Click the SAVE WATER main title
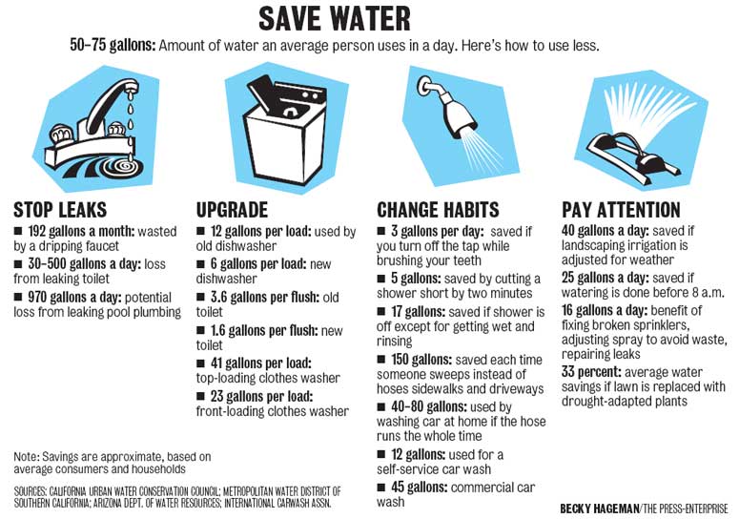[335, 19]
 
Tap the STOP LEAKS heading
[60, 210]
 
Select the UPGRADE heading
[232, 210]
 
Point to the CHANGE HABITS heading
[438, 210]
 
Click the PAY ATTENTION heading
[621, 210]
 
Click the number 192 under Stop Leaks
[37, 232]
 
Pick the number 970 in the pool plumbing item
[37, 298]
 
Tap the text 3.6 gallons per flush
[264, 298]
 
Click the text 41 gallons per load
[261, 363]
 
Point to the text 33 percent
[591, 372]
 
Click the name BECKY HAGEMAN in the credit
[599, 509]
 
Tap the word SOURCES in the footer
[31, 491]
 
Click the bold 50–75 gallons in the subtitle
[113, 46]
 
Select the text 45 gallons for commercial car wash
[419, 487]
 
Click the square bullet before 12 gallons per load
[201, 231]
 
